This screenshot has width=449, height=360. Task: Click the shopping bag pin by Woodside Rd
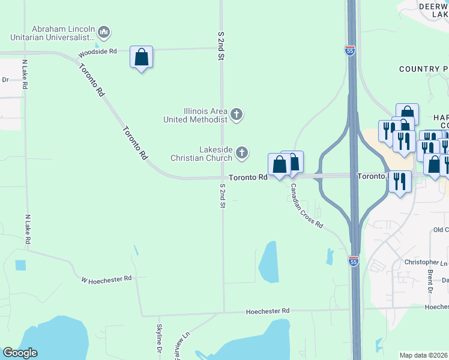pyautogui.click(x=141, y=58)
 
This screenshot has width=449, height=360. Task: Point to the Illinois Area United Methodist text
pyautogui.click(x=197, y=115)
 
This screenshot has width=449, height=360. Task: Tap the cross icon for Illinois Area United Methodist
pyautogui.click(x=237, y=114)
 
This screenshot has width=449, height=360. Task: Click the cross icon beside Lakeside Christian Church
pyautogui.click(x=242, y=153)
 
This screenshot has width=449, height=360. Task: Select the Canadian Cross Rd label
pyautogui.click(x=307, y=206)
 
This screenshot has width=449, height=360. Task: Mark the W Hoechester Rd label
pyautogui.click(x=106, y=279)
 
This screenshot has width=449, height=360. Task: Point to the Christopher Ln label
pyautogui.click(x=426, y=262)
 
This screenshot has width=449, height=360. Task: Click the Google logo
pyautogui.click(x=20, y=353)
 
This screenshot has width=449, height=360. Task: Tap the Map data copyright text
pyautogui.click(x=424, y=355)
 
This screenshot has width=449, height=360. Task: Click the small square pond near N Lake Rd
pyautogui.click(x=20, y=265)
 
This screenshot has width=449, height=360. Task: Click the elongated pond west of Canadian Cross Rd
pyautogui.click(x=268, y=262)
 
